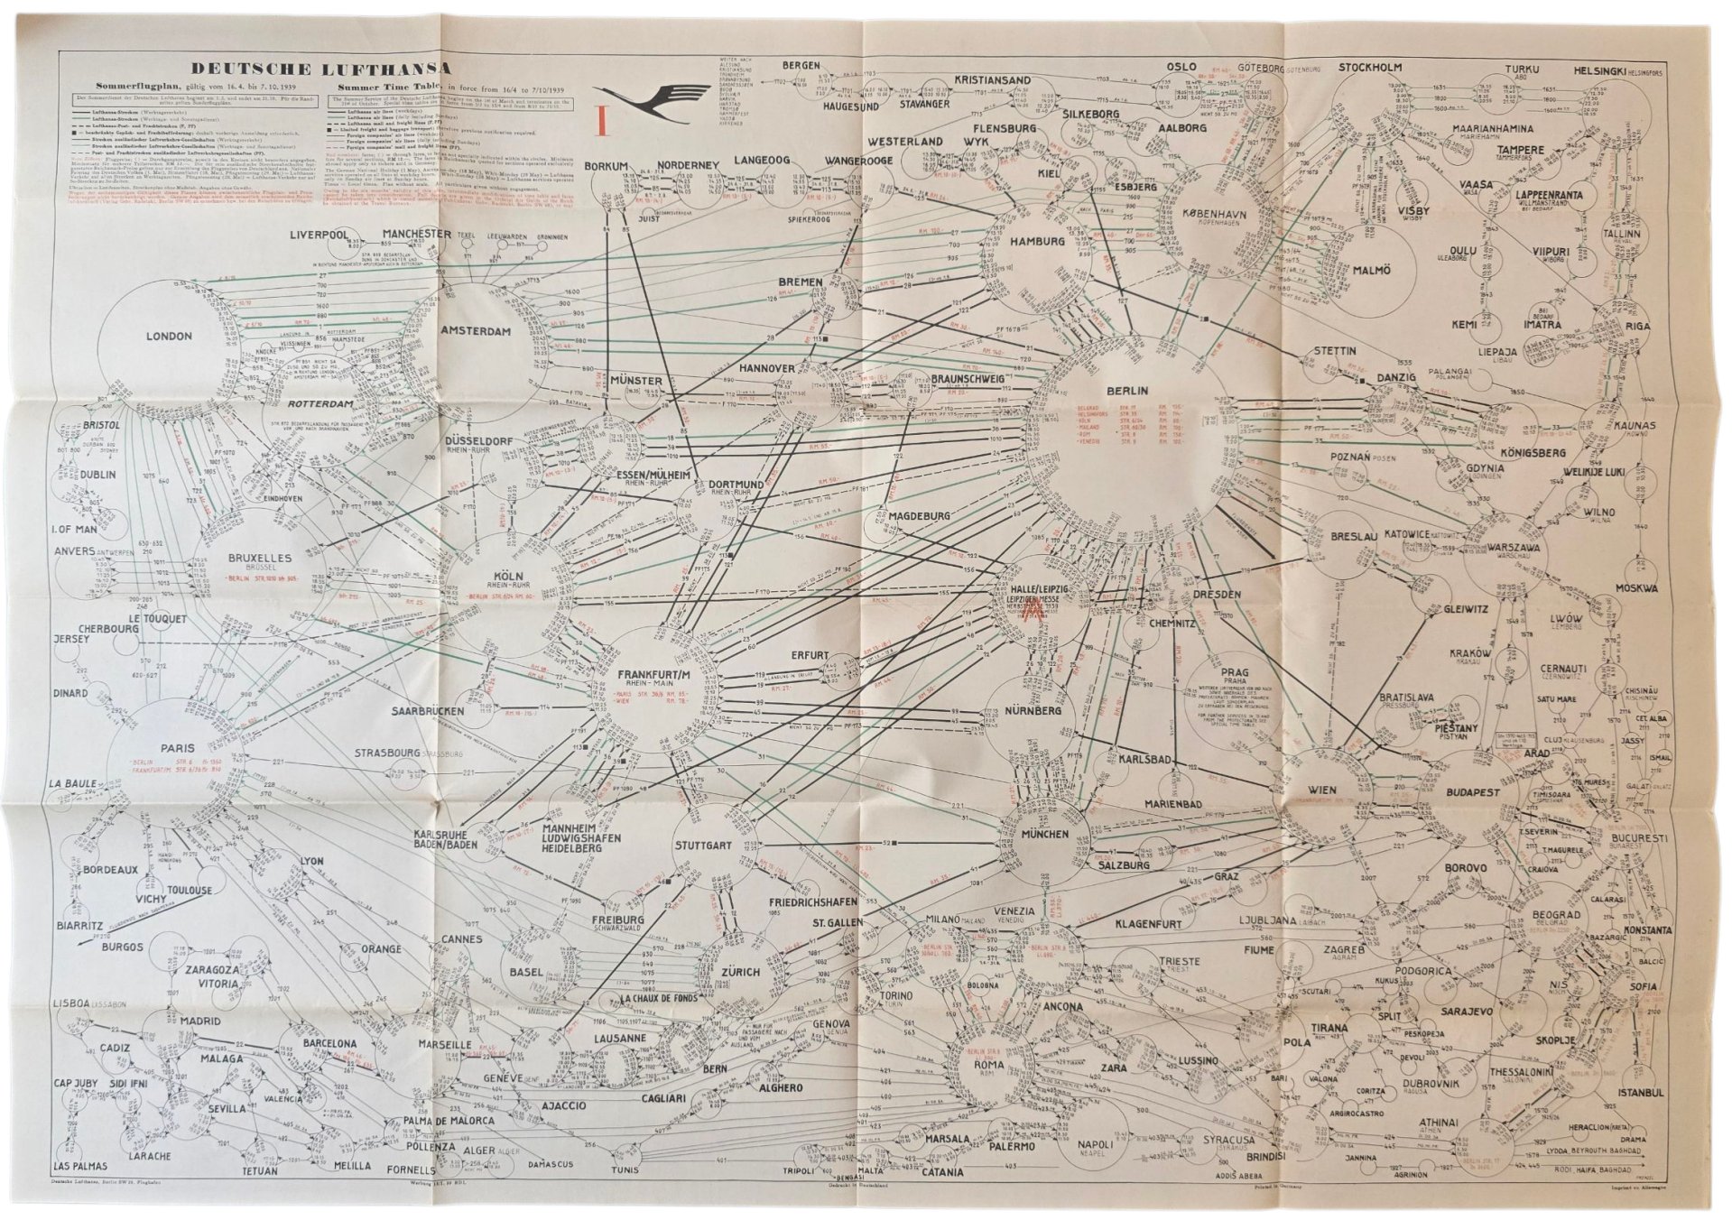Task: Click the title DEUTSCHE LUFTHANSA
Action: tap(320, 69)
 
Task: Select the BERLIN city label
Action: tap(1126, 391)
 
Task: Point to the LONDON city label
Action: tap(169, 337)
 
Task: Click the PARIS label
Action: tap(178, 748)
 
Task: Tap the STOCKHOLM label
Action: tap(1369, 68)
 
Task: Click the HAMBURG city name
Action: tap(1037, 242)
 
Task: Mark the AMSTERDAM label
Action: tap(476, 331)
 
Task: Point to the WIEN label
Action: tap(1322, 790)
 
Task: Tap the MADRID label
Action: tap(199, 1021)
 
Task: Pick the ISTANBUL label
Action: tap(1640, 1093)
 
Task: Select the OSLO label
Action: tap(1181, 67)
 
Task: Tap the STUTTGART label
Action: tap(702, 846)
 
